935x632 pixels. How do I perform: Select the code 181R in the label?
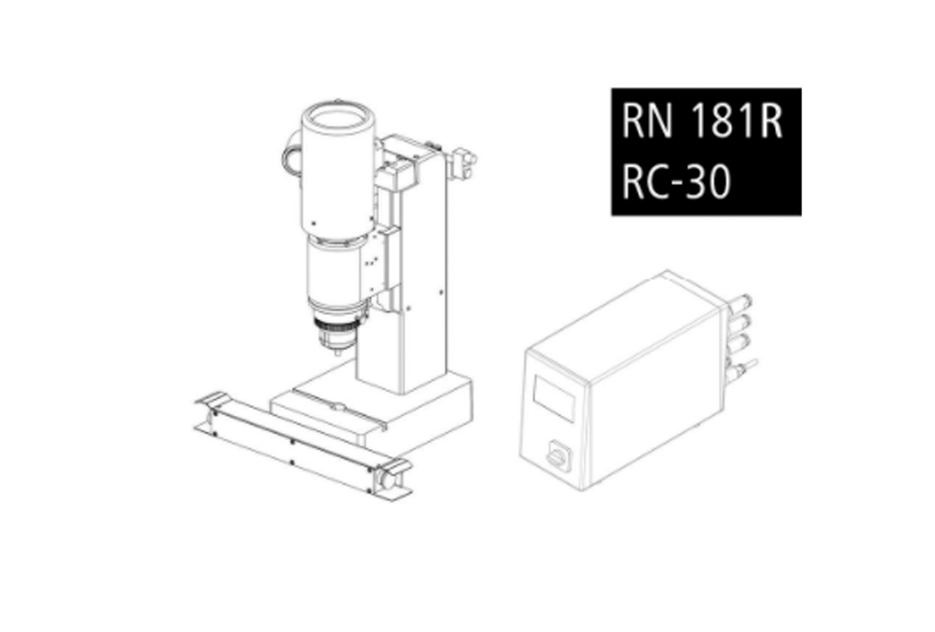737,121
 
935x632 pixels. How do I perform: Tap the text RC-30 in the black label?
676,182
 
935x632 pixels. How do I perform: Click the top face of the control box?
624,325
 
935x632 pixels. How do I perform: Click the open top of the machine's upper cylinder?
338,118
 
